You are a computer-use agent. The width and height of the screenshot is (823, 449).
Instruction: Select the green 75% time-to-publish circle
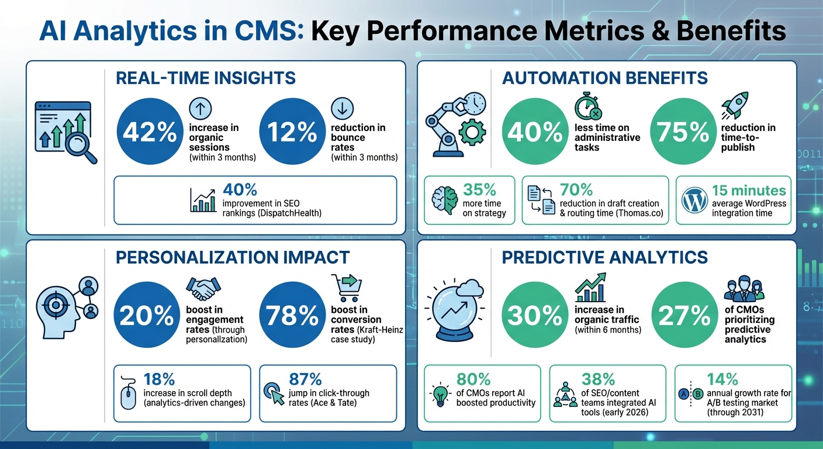[683, 133]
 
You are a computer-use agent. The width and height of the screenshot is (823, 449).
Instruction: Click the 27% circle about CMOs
[683, 316]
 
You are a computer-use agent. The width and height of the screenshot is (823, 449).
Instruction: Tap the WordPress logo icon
[694, 201]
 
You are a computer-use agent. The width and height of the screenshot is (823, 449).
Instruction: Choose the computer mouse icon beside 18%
[129, 393]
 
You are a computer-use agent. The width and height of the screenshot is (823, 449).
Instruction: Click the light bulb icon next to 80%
[440, 394]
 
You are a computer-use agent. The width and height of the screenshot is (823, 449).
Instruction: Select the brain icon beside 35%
[444, 201]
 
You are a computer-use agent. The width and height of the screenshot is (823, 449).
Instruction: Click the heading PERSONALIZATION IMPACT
[233, 257]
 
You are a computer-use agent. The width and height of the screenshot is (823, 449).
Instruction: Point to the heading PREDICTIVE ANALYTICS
[605, 257]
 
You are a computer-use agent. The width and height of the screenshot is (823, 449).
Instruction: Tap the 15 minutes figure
[749, 191]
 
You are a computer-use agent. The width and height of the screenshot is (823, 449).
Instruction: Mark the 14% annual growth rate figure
[722, 379]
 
